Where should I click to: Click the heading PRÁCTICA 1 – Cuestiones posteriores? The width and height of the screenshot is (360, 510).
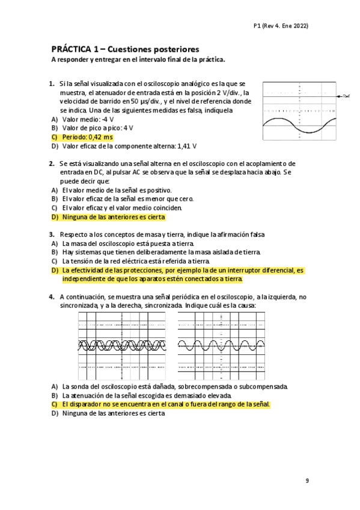coord(125,49)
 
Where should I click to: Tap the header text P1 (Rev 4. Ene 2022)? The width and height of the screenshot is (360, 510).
coord(281,26)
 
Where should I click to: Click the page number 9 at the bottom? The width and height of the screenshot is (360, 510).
coord(307,481)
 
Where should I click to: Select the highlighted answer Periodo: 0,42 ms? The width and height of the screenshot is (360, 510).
coord(87,137)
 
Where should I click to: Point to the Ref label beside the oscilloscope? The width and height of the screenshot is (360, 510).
coord(346,96)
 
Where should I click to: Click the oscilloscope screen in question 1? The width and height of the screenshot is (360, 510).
coord(299,111)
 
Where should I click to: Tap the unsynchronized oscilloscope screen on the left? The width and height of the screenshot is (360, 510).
coord(120,345)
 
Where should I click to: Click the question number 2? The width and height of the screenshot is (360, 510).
coord(52,164)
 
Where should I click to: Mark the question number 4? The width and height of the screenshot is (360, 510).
coord(52,297)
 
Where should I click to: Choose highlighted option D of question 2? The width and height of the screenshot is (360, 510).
coord(113,217)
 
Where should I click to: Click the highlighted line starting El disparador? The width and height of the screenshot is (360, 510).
coord(166,405)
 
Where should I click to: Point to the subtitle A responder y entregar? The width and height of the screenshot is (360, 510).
coord(138,60)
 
